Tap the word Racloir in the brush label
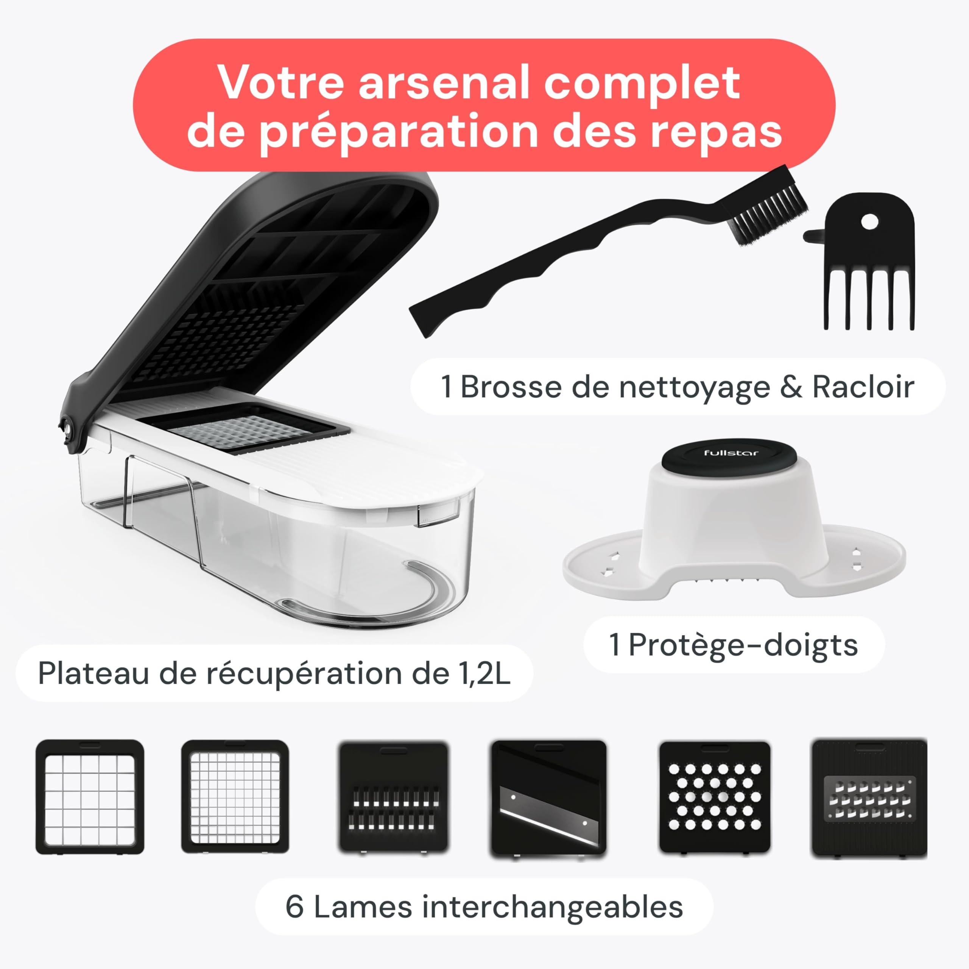click(x=863, y=388)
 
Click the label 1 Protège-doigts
click(x=733, y=645)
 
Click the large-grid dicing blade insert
click(x=90, y=797)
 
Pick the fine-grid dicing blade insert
click(x=235, y=797)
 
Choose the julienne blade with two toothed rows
click(x=393, y=797)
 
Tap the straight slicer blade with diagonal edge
click(x=548, y=797)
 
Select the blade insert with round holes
click(x=714, y=797)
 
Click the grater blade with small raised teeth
click(x=869, y=797)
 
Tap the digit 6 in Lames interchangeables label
click(x=294, y=907)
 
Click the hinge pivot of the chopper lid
click(x=69, y=429)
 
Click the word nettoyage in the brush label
click(x=694, y=388)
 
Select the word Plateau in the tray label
click(x=93, y=674)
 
